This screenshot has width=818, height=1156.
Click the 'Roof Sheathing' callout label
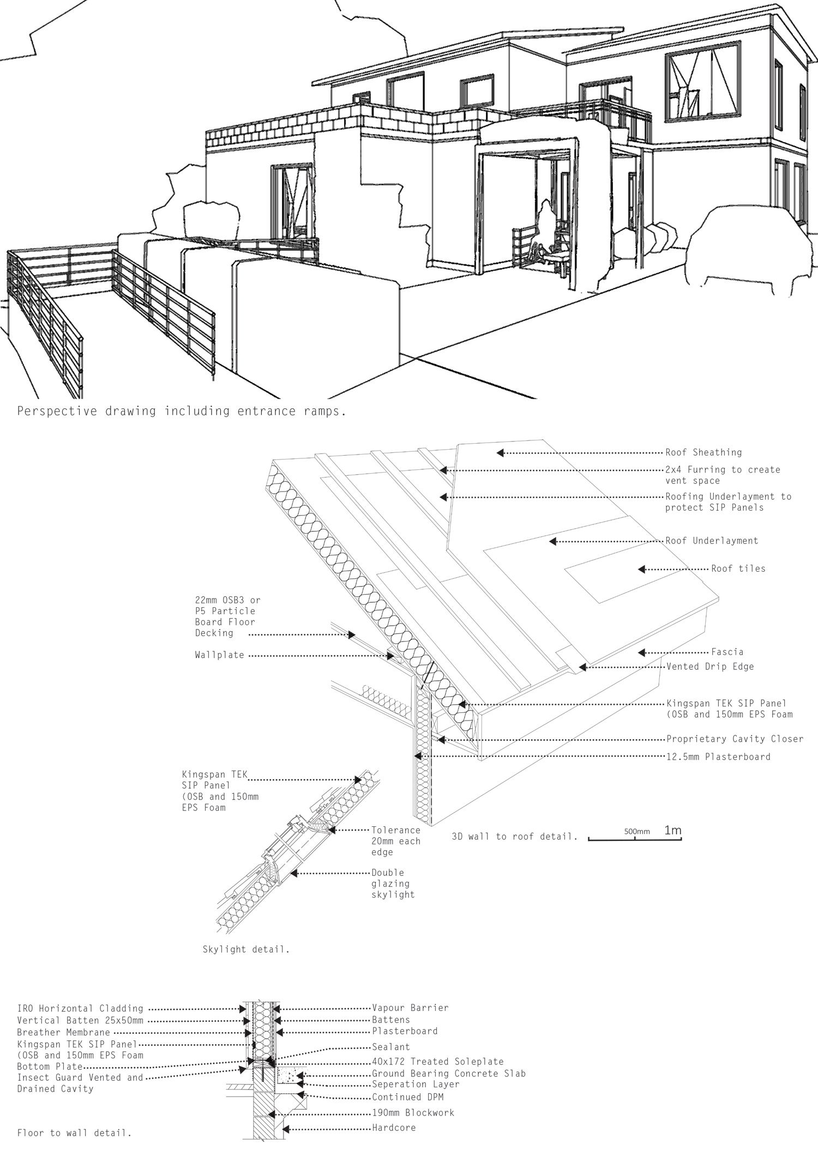(703, 452)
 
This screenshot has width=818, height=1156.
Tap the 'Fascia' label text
(727, 652)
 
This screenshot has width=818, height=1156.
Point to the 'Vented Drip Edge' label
(710, 666)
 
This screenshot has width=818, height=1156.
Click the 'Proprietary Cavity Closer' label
(735, 739)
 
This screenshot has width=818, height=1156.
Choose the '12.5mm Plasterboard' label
(718, 756)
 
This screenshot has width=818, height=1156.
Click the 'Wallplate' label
(219, 655)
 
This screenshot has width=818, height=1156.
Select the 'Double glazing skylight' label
(393, 883)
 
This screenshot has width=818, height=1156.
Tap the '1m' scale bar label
(673, 831)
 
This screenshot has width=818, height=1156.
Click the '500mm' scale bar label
(637, 832)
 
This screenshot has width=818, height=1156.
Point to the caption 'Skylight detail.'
(246, 949)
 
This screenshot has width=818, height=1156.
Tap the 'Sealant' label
(391, 1047)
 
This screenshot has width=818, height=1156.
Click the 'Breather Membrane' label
(63, 1032)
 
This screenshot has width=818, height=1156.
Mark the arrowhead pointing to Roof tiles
(642, 569)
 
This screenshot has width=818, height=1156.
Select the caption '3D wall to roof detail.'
(514, 837)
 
